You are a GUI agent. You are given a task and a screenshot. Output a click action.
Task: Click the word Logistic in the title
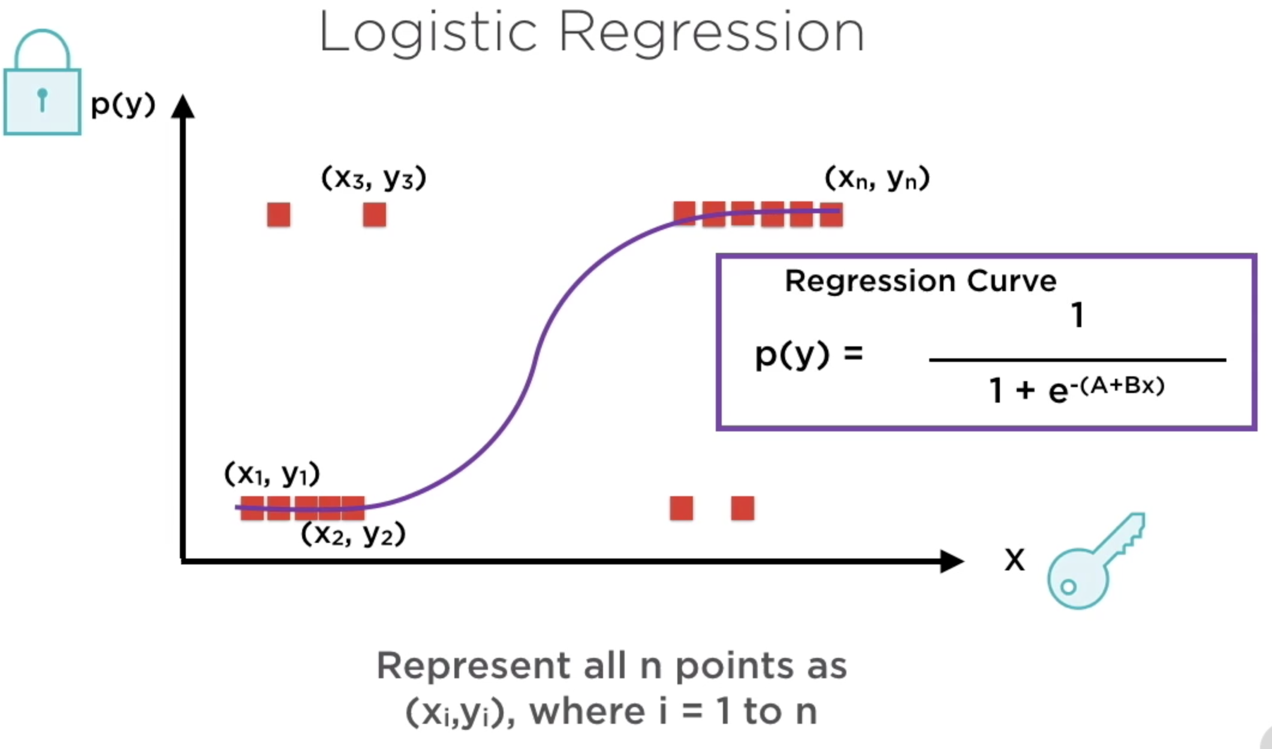(427, 32)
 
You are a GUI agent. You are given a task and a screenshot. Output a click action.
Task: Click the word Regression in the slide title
(712, 32)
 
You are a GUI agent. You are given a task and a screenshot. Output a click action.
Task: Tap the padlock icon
(42, 84)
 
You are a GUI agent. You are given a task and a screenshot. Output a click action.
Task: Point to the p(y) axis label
(123, 105)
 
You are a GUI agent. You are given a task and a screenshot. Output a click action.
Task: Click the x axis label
(1014, 560)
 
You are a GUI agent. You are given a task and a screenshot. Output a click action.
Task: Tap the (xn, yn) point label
(877, 178)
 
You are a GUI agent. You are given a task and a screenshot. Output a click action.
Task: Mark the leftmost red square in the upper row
(279, 215)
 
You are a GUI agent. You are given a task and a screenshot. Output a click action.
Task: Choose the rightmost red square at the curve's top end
(831, 214)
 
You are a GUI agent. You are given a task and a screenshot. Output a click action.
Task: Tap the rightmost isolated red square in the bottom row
(743, 508)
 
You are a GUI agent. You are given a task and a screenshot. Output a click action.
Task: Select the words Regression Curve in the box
(920, 281)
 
